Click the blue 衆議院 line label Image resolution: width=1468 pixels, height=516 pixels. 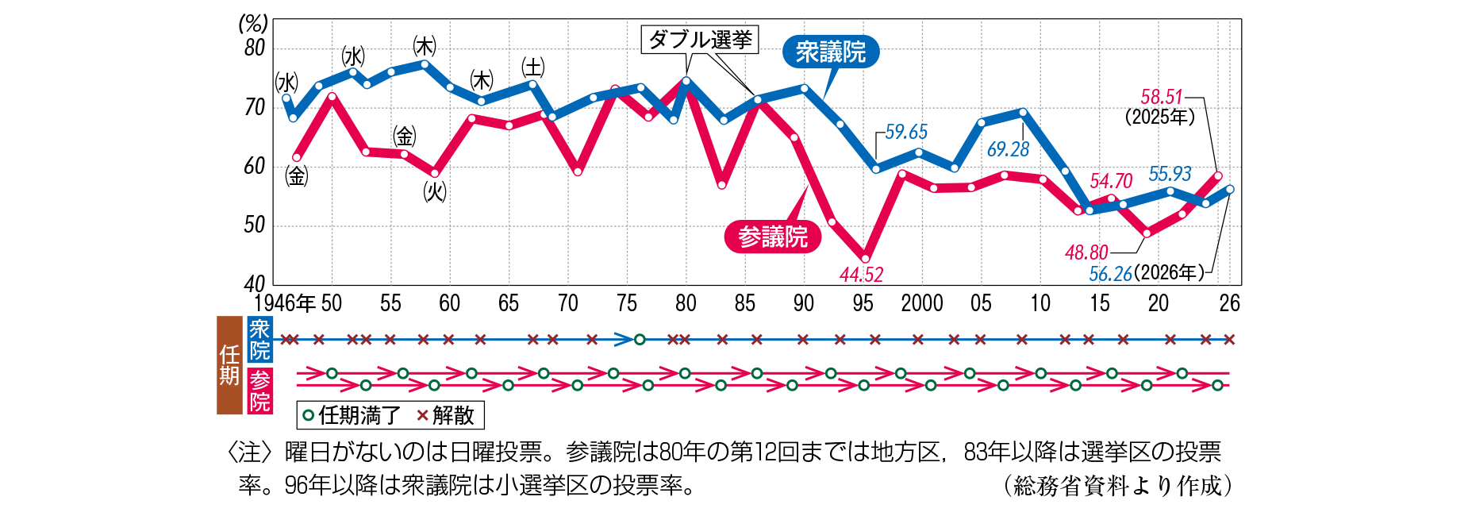830,52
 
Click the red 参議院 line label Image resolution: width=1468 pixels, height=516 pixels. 772,237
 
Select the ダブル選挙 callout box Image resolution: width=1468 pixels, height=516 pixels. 700,39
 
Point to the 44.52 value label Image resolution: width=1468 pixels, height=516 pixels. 861,275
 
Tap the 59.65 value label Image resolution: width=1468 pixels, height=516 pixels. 906,132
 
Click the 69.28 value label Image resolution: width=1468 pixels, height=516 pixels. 1008,149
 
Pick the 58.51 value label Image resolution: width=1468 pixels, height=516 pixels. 1161,97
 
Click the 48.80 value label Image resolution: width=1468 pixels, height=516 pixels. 1086,252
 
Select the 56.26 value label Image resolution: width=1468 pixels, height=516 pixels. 1110,274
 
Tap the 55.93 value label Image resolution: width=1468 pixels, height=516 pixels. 1170,174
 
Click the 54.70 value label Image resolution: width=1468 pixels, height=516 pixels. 1111,181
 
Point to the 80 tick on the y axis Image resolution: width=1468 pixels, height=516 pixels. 255,48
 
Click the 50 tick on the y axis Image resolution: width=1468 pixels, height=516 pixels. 255,225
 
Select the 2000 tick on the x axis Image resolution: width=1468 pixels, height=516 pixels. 922,303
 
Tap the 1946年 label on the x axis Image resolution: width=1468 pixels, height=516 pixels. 284,303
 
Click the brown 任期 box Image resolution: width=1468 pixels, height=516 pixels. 229,365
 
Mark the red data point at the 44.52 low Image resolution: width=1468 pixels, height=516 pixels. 865,258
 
